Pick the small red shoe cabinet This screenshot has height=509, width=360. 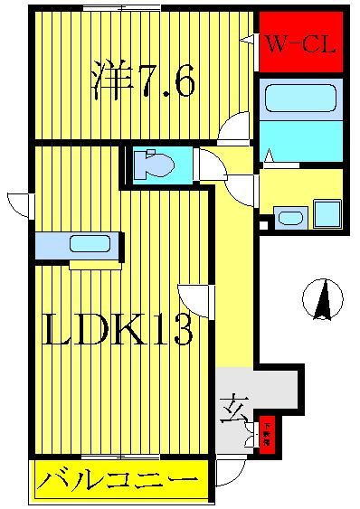click(269, 435)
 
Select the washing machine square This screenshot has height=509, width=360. click(327, 214)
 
